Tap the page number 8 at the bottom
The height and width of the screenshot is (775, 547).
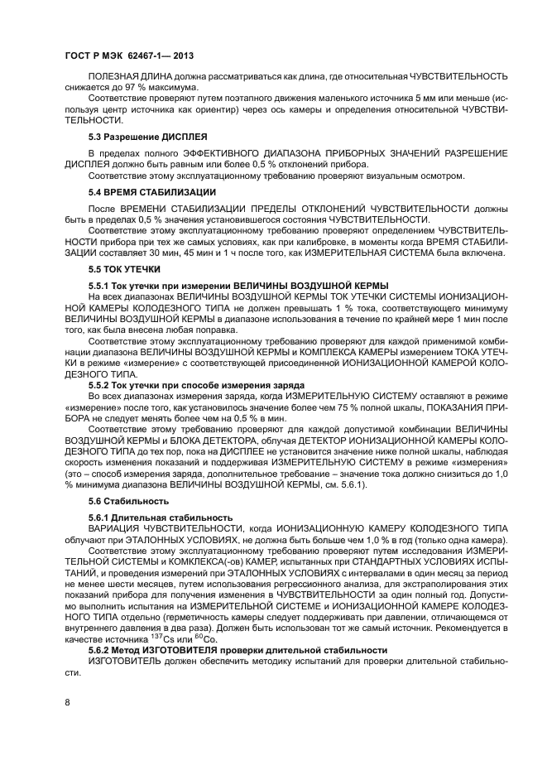click(67, 703)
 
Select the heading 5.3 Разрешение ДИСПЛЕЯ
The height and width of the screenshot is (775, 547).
click(147, 135)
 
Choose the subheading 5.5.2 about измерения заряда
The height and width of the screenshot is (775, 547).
click(197, 386)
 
